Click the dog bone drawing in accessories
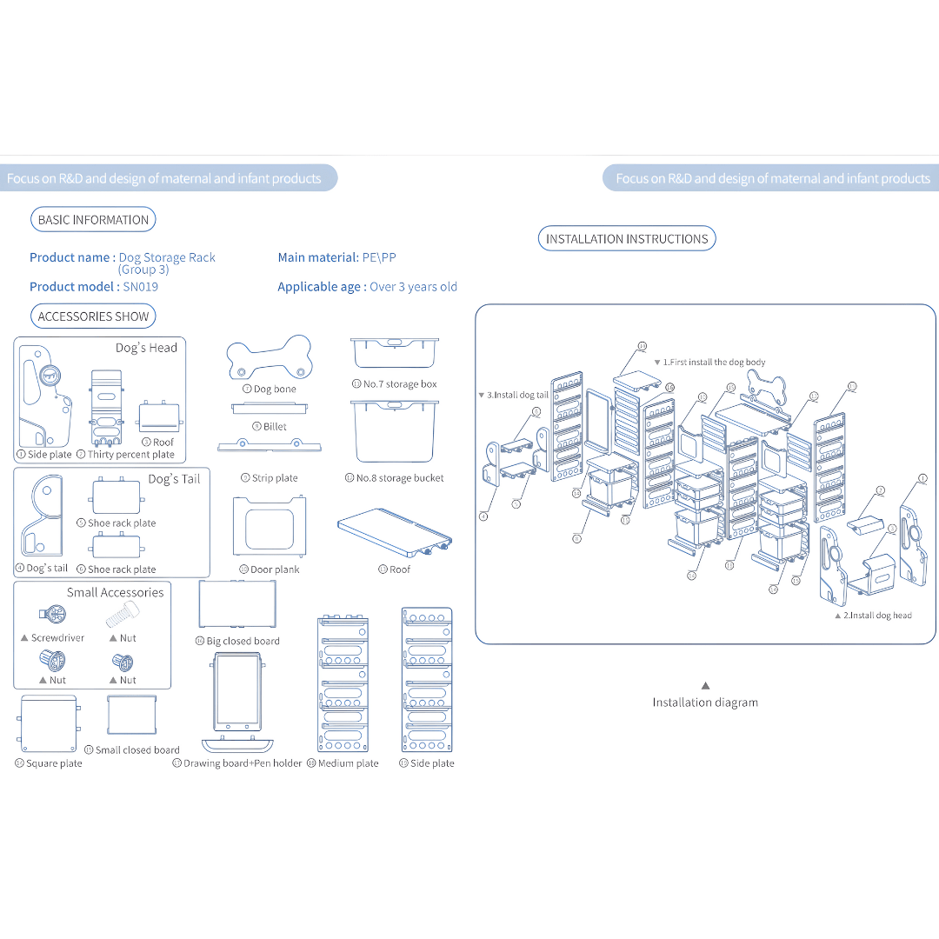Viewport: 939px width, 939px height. (269, 357)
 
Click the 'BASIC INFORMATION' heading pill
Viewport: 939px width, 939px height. (93, 220)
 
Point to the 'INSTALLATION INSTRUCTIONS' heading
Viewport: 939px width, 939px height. (627, 239)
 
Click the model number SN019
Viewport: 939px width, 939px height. (141, 287)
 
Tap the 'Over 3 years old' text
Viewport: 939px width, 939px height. (413, 287)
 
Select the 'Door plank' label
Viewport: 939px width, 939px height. (275, 569)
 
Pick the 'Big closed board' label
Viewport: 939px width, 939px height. (243, 642)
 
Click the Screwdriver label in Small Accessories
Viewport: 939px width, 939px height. (57, 638)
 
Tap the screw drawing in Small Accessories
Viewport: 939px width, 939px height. (123, 617)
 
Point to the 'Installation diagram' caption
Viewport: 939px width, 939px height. (705, 703)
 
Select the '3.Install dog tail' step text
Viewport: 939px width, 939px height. (517, 395)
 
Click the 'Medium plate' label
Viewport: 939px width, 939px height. (348, 763)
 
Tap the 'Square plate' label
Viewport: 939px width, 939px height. (54, 763)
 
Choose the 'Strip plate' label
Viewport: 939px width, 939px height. (275, 478)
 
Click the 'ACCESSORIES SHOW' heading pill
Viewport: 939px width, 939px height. (93, 316)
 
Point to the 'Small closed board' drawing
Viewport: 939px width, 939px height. (130, 716)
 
